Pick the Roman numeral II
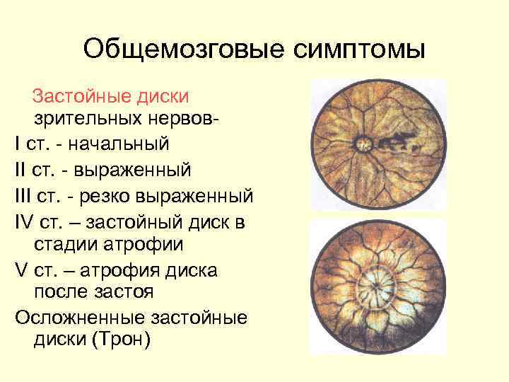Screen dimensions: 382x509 [x=22, y=170]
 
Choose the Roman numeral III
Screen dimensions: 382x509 [x=25, y=195]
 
